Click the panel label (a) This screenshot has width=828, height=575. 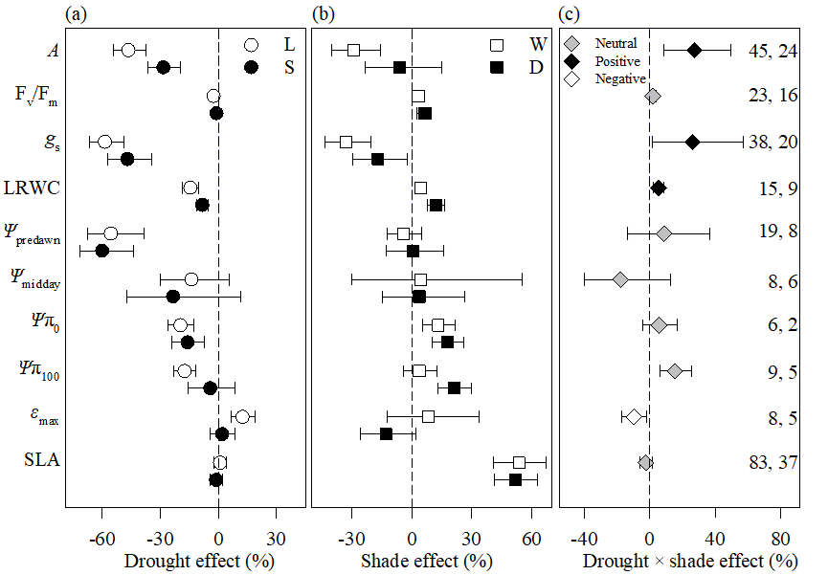click(76, 13)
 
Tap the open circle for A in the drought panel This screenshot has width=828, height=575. click(128, 50)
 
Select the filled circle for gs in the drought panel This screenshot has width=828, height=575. click(127, 159)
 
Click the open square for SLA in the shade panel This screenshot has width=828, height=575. click(519, 462)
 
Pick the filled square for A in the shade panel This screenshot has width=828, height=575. click(399, 67)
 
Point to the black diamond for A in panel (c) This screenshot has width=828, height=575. click(695, 50)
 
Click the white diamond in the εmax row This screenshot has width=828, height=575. click(633, 417)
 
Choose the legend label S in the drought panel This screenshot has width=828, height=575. click(288, 66)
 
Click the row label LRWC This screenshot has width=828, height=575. click(37, 188)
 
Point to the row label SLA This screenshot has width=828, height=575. click(42, 460)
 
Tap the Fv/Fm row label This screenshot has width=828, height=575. click(36, 96)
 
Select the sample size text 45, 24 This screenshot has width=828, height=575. click(773, 51)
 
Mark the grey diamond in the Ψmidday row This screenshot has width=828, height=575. click(620, 279)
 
